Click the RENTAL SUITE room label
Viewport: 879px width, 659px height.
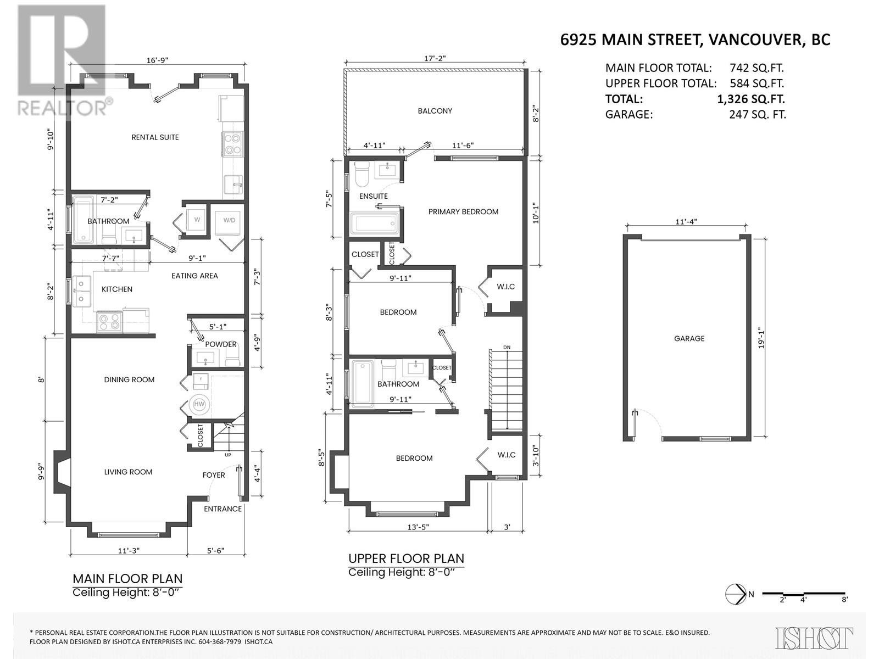[x=155, y=137]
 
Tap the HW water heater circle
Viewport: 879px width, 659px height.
[x=199, y=405]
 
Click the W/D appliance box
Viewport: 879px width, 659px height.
[x=229, y=220]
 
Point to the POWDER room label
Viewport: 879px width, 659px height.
[x=221, y=344]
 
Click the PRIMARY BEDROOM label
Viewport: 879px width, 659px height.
[x=463, y=211]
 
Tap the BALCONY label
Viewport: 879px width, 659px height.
[x=435, y=111]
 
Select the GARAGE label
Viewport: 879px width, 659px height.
[x=689, y=339]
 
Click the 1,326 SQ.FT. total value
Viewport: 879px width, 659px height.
[x=750, y=99]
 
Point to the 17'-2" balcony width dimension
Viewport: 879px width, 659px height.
[x=435, y=59]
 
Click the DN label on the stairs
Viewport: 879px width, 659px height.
[x=506, y=347]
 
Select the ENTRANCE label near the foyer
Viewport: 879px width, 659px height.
[x=222, y=509]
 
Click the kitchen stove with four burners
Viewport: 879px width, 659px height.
[x=108, y=322]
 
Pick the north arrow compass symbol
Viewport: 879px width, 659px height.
[x=732, y=594]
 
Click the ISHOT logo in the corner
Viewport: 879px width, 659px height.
[x=814, y=638]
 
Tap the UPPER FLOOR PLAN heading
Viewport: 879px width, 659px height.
[x=406, y=559]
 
